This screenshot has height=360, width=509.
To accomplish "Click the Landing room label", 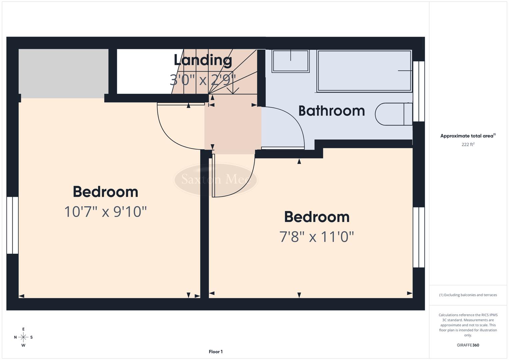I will pos(203,60).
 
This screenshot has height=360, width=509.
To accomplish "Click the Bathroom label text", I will pos(331,111).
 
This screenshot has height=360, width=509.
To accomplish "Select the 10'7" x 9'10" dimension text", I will pos(105,212).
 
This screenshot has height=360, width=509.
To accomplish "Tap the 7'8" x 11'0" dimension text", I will pos(316,237).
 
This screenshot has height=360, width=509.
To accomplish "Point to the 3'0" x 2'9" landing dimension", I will pos(203,80).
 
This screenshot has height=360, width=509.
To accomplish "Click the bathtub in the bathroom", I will pos(364,71).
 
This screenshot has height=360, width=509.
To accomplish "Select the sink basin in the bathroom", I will pos(290,61).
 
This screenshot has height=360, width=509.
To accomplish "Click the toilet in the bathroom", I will pos(393,114).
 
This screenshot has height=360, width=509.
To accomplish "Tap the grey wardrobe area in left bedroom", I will pos(63,71).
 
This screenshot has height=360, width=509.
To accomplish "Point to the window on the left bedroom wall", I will pos(12,225).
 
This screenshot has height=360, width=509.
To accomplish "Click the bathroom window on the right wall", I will pos(419,91).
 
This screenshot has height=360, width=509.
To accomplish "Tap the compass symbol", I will pos(23,337).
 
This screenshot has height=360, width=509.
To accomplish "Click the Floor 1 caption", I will pos(216,352).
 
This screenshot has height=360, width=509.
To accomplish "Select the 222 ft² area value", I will pos(468,144).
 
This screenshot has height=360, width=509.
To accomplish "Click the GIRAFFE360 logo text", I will pos(468,345).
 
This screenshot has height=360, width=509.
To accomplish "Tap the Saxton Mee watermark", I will pos(216,179).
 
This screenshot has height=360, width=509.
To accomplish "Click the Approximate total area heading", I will pos(468,136).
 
